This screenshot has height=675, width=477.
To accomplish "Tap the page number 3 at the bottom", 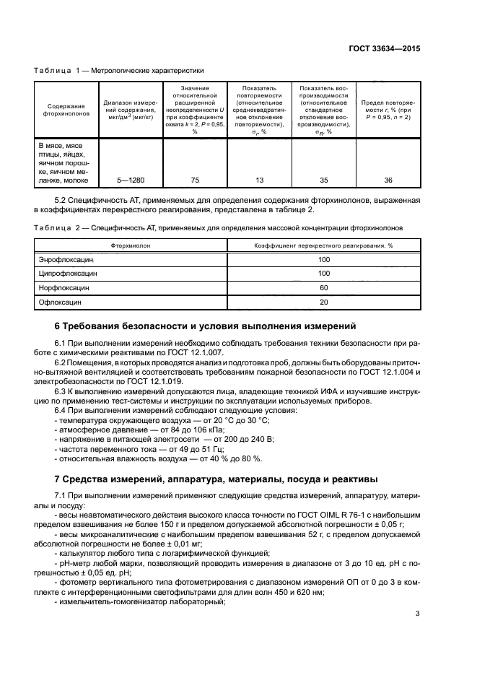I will coord(418,614).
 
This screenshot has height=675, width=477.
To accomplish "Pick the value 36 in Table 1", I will coord(388,180).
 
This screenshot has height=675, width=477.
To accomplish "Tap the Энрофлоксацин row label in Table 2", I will coord(66,258).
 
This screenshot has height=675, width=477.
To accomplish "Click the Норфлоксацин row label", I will coord(64,287).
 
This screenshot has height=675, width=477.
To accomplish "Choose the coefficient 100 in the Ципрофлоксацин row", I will coord(323,273).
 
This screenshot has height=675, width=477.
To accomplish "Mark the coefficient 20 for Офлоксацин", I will coord(323,302).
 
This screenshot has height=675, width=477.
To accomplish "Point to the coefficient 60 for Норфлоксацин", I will coord(323,287).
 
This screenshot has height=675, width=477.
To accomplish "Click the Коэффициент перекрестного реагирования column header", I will coord(323,245).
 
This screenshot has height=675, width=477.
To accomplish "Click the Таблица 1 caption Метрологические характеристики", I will coord(119,71).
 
